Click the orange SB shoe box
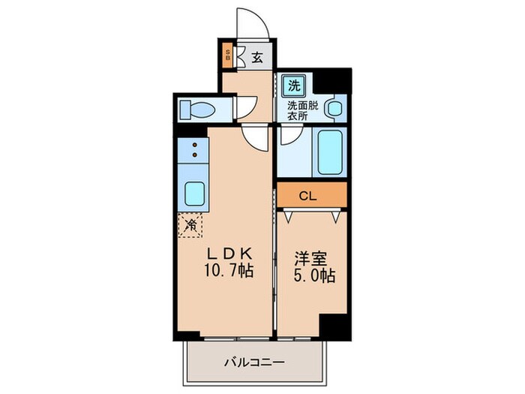(229, 56)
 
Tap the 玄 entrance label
(256, 56)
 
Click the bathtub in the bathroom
(331, 152)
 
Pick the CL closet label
(307, 197)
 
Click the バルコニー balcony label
(254, 362)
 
